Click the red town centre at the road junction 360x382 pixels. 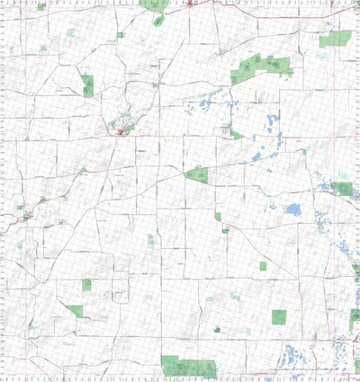pyautogui.click(x=121, y=133)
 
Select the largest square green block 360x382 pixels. pyautogui.click(x=279, y=316)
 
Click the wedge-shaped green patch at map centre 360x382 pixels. pyautogui.click(x=197, y=173)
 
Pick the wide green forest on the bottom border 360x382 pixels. pyautogui.click(x=189, y=367)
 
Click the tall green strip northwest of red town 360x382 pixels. pyautogui.click(x=88, y=85)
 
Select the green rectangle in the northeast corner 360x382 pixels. pyautogui.click(x=336, y=39)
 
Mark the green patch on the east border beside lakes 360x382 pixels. pyautogui.click(x=342, y=188)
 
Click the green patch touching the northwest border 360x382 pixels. pyautogui.click(x=41, y=6)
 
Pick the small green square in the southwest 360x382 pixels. pyautogui.click(x=87, y=284)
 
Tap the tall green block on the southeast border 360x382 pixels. pyautogui.click(x=355, y=319)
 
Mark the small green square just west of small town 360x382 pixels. pyautogui.click(x=20, y=208)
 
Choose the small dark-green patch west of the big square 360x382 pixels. pyautogui.click(x=217, y=329)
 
